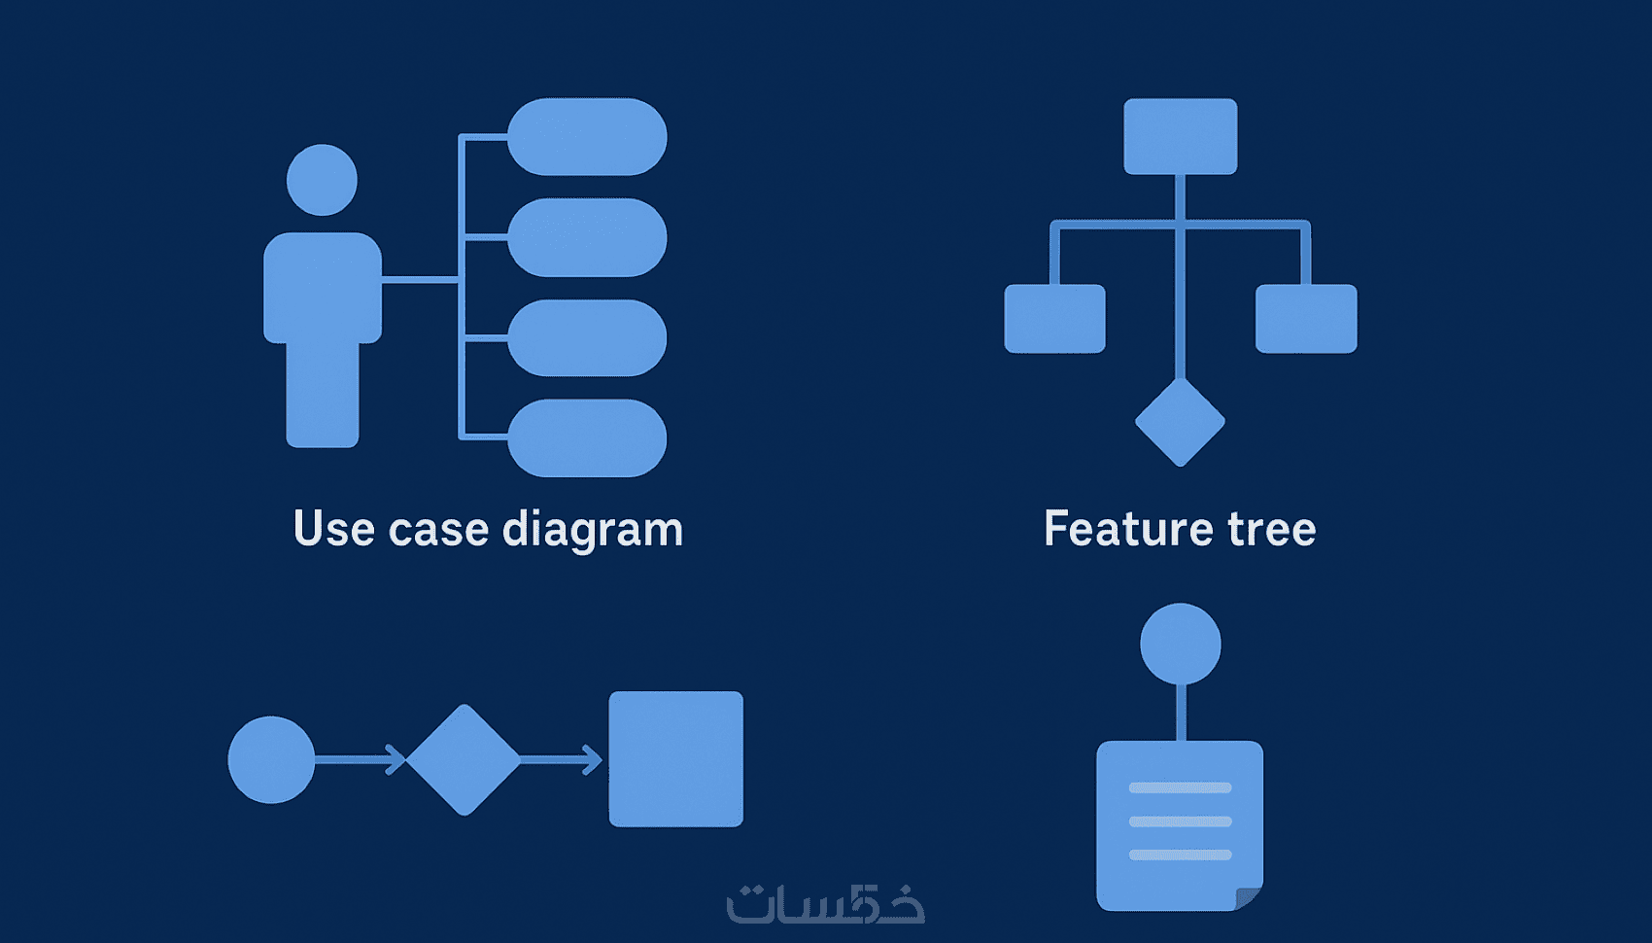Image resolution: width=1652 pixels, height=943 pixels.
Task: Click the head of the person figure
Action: pos(322,180)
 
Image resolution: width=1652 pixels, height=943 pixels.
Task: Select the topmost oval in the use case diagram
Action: pos(587,137)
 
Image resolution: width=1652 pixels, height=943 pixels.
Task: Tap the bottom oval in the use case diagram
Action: pos(587,437)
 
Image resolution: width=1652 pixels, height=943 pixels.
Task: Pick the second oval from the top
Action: pos(587,237)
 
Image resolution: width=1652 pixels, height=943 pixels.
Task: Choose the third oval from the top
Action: pos(587,337)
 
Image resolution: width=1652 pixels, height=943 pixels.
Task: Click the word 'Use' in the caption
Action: pos(334,530)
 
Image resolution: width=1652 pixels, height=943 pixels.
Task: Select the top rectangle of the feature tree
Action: pos(1181,136)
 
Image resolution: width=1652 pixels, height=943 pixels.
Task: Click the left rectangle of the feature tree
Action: pos(1054,319)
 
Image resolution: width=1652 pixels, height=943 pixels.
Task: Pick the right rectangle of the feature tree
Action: pos(1306,319)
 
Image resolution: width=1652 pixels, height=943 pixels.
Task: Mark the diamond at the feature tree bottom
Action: pos(1180,422)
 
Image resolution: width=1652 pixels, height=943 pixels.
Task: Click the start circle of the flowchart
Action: pos(271,759)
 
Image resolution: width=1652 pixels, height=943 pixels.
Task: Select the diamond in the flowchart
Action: pos(464,759)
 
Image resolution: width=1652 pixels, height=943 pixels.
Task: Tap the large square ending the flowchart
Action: pos(676,759)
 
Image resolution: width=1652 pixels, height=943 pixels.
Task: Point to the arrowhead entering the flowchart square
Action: pos(593,759)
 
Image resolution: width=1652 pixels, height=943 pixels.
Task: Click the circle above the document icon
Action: pos(1181,644)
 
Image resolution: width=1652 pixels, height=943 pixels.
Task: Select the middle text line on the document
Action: pos(1180,821)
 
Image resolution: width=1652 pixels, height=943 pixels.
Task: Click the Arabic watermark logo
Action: pos(825,904)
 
